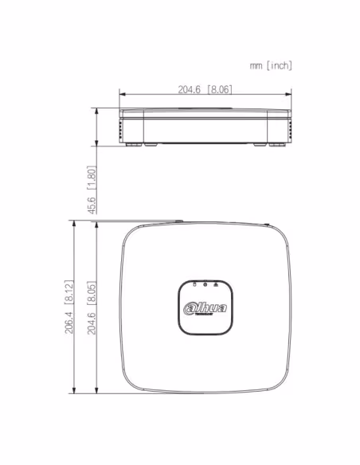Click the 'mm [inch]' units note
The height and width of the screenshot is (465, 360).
coord(271,65)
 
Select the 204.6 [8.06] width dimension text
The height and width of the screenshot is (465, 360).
coord(205,89)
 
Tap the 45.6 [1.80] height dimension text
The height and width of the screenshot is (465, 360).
coord(92,190)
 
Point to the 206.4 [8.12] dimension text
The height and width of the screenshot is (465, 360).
coord(69,307)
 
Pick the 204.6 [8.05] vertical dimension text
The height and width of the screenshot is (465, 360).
coord(92,307)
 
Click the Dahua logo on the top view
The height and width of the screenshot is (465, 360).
coord(205,309)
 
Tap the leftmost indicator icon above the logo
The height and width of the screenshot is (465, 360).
coord(194,284)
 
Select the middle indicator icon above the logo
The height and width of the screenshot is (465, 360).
coord(205,284)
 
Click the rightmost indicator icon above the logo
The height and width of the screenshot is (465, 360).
coord(216,284)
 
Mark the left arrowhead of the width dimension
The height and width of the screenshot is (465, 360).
coord(122,94)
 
